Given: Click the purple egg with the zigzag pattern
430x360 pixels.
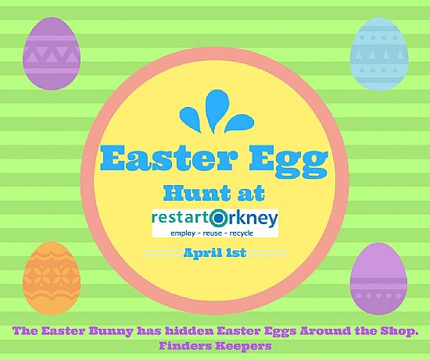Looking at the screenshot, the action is click(52, 53).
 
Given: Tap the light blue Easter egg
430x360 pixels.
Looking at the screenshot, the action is click(379, 53).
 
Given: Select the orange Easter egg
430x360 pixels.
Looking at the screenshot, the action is click(52, 278).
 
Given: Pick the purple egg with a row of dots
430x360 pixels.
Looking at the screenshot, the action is click(378, 279).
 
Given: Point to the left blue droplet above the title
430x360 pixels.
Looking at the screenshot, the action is click(192, 118).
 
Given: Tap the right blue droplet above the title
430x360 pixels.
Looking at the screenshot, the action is click(239, 122).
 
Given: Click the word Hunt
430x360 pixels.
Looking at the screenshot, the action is click(194, 193).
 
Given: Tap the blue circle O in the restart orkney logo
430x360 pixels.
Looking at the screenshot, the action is click(220, 218).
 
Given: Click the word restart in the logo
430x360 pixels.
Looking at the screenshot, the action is click(181, 219).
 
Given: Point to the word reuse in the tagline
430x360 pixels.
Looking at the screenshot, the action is click(210, 233).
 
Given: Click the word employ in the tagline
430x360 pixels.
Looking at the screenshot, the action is click(183, 233).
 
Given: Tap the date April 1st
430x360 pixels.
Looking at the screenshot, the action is click(215, 253).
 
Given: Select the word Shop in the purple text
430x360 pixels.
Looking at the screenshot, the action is click(397, 331).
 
